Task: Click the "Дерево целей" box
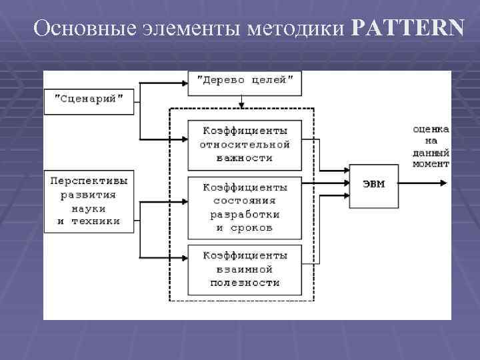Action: [245, 81]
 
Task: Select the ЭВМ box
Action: [373, 183]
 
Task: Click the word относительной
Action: [245, 144]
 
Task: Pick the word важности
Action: [245, 158]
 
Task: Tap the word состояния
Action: [245, 200]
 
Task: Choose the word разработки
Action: [245, 214]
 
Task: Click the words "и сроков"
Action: [245, 228]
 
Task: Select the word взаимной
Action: [245, 269]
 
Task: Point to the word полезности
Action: [245, 283]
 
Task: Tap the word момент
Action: [431, 163]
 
